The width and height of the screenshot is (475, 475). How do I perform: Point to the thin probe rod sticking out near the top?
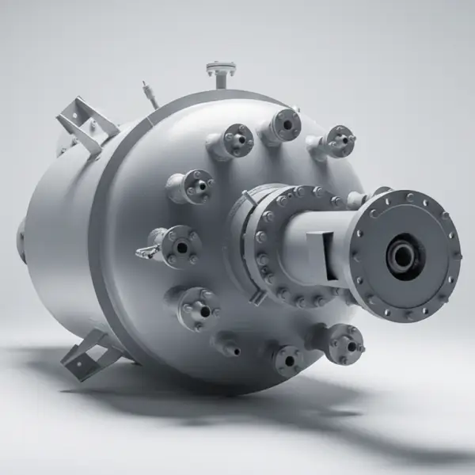(x=147, y=91)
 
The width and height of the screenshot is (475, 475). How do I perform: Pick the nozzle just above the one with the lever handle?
(x=190, y=187)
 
